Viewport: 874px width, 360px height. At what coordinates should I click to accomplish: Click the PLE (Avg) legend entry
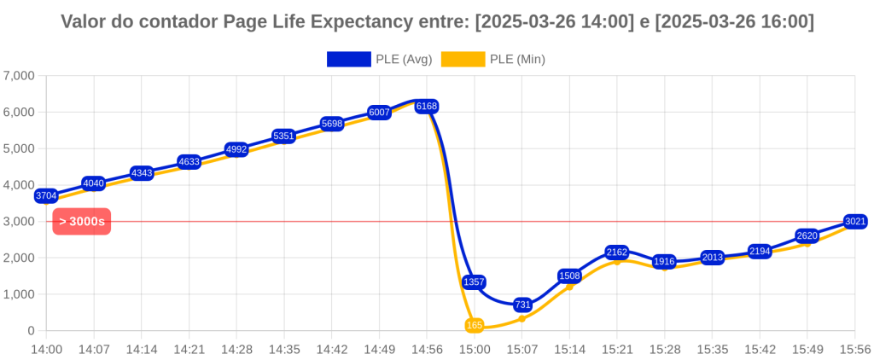(x=379, y=59)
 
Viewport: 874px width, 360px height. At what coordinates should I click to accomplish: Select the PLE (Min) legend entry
(x=494, y=59)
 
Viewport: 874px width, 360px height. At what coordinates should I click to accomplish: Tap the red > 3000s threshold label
(x=82, y=222)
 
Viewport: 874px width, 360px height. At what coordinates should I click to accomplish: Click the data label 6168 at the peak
(x=427, y=107)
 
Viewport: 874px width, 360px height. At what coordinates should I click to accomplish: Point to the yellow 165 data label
(x=475, y=325)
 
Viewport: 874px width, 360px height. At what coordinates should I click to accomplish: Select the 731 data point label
(x=522, y=305)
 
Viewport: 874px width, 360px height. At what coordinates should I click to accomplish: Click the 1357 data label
(x=475, y=282)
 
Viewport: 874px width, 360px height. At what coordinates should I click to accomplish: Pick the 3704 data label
(x=46, y=196)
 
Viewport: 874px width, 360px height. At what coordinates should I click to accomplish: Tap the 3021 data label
(x=854, y=222)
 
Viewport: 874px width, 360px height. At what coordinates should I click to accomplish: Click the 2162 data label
(x=617, y=253)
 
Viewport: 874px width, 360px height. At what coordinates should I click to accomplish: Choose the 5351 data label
(x=284, y=136)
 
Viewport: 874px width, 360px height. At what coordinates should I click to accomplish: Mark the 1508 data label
(x=569, y=276)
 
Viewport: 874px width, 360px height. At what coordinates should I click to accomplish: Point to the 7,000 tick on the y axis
(x=19, y=76)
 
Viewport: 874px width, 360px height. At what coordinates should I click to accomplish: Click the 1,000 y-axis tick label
(x=19, y=294)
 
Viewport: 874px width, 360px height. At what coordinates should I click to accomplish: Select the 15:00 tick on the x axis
(x=475, y=349)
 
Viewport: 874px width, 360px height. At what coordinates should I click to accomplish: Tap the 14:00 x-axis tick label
(x=46, y=349)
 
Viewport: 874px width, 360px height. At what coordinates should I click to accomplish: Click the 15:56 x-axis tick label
(x=854, y=349)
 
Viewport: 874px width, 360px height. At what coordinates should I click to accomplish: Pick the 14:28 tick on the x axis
(x=236, y=349)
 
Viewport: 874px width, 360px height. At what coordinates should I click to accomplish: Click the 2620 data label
(x=807, y=235)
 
